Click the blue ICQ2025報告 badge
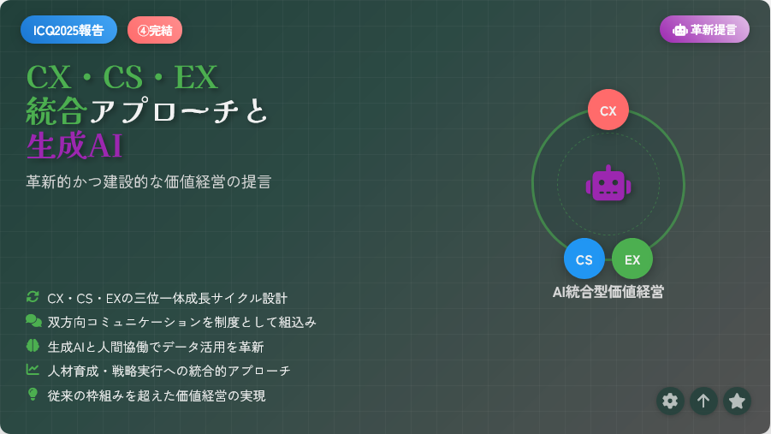68,30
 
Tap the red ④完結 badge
155,30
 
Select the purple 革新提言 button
704,29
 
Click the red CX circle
608,110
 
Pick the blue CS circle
584,259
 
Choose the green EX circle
632,259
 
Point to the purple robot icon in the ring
608,183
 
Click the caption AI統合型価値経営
608,292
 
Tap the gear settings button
670,401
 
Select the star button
737,401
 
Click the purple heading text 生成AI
74,146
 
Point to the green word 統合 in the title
56,110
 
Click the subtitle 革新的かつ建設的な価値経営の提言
149,181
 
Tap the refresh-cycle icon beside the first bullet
33,297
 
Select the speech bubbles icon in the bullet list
33,321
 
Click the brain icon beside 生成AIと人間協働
33,346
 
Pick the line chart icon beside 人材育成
33,370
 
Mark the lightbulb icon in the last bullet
33,394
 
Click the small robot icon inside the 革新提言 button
679,30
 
